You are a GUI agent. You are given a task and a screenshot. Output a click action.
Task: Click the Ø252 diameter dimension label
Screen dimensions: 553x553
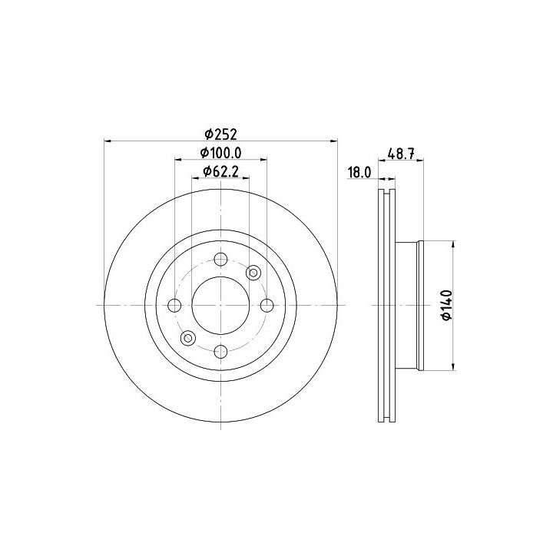coord(220,134)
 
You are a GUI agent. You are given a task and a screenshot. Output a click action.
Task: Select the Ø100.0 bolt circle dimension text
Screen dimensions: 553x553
coord(220,153)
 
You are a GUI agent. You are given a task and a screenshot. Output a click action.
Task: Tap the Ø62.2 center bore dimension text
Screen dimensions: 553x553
coord(221,172)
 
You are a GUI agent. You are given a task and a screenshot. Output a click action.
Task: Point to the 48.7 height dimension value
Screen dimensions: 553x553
coord(401,154)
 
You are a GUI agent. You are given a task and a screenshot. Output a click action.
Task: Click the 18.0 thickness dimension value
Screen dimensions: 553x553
coord(359,173)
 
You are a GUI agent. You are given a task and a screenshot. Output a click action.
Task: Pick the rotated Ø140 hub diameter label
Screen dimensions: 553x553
coord(446,306)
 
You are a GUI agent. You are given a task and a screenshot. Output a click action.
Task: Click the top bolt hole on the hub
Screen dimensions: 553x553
coord(220,260)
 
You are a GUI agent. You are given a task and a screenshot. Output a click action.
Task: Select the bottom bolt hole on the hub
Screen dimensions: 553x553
coord(220,351)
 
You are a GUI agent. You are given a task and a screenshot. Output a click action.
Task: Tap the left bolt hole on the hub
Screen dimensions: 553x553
coord(174,306)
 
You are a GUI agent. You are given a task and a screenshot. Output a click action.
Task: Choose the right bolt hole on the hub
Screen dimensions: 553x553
coord(267,306)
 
